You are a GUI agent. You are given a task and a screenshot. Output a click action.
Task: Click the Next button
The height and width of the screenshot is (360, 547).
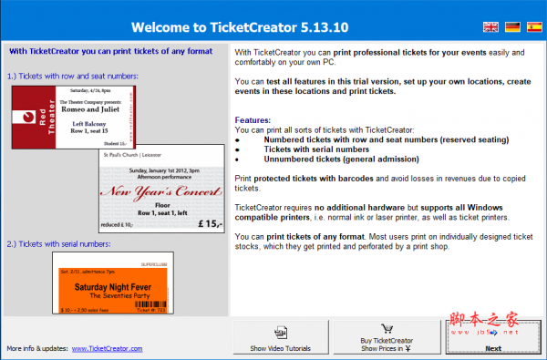tap(492, 338)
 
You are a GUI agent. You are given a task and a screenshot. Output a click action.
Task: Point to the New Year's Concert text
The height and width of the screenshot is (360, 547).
tap(160, 192)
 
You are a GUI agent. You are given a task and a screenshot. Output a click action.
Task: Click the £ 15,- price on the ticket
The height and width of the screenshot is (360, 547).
tap(207, 223)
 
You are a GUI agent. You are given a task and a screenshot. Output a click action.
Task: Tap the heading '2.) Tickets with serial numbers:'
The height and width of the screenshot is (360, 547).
tap(57, 242)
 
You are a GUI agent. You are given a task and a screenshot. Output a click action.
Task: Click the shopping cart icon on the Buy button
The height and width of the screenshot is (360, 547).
tap(386, 329)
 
